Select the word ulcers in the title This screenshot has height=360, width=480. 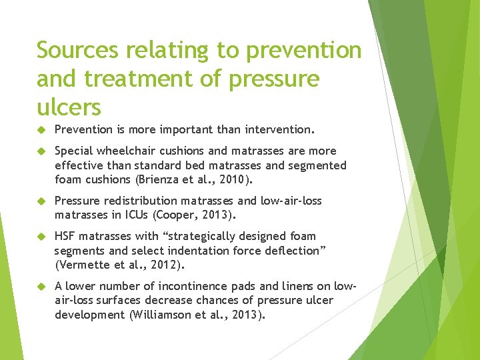69,107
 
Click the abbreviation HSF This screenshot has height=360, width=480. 65,236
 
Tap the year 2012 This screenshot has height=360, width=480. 164,265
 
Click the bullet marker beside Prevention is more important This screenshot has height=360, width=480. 40,129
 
